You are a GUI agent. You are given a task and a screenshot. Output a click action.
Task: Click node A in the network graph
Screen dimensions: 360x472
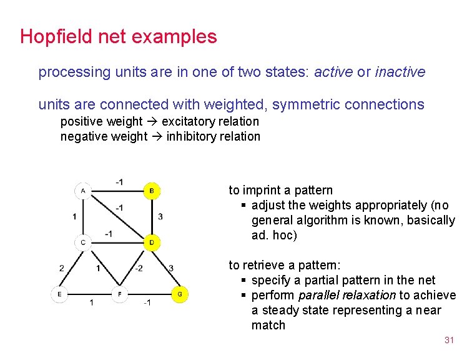(x=83, y=190)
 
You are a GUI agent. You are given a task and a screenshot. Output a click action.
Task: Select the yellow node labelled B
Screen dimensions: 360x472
(x=152, y=190)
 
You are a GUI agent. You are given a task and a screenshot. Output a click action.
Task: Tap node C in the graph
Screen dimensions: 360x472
(x=83, y=242)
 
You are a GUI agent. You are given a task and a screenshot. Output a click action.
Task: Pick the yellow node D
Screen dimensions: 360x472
(x=152, y=242)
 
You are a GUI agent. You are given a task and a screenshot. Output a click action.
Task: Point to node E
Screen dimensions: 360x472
(x=59, y=293)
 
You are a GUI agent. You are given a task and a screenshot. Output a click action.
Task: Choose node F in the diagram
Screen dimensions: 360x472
(x=119, y=293)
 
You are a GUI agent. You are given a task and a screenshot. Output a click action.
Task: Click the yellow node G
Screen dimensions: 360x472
(x=179, y=293)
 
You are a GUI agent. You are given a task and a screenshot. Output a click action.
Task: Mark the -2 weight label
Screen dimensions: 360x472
(x=139, y=268)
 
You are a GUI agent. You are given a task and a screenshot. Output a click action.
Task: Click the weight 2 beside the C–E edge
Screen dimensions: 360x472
(x=62, y=268)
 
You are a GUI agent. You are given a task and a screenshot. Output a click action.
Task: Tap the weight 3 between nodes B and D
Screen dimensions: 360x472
(x=160, y=216)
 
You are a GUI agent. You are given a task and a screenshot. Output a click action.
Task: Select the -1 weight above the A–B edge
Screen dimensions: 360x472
(x=119, y=182)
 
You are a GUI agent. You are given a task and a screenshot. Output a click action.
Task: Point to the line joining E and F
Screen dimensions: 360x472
(x=89, y=293)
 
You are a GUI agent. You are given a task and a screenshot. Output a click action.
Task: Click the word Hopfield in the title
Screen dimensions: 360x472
(x=56, y=36)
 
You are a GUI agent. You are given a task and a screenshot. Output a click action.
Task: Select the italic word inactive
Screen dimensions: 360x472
(x=400, y=72)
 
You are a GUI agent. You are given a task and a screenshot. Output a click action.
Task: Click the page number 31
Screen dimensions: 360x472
(x=448, y=340)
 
